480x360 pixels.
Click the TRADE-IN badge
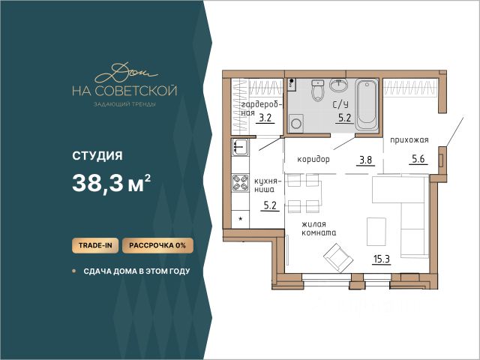95,245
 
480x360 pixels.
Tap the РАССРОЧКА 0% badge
157,245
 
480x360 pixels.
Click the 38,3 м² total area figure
112,183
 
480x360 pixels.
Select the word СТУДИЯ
97,155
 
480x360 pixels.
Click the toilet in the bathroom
318,90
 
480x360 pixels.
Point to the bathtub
367,105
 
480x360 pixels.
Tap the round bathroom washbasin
338,85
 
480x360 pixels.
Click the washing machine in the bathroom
296,123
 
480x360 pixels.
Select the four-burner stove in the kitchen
240,183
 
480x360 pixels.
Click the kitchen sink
240,147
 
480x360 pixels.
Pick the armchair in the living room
338,258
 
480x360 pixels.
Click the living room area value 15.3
382,259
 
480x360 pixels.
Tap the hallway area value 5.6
418,159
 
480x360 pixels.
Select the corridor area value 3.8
365,160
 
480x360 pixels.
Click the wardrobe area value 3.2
265,118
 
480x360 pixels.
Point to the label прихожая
409,140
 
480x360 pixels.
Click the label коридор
313,160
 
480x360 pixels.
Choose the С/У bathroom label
340,105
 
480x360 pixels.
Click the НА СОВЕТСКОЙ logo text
124,91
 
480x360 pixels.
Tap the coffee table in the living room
376,232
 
